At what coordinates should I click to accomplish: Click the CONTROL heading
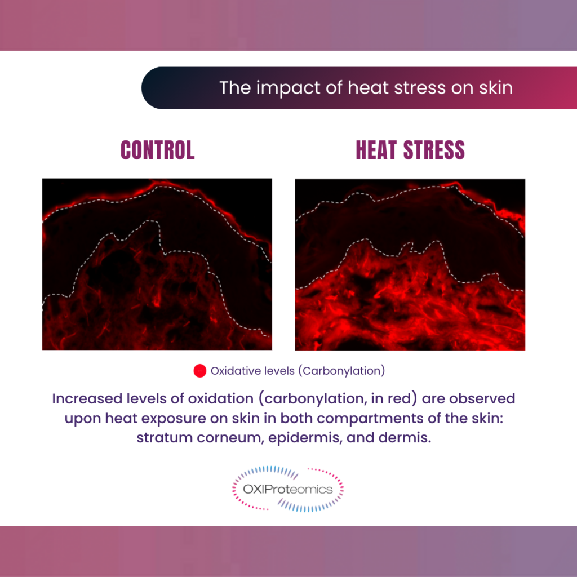click(x=158, y=150)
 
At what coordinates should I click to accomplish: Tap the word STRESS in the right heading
click(x=434, y=150)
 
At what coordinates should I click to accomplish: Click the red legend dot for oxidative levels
click(x=200, y=371)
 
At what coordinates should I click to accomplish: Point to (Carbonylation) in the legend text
click(x=341, y=371)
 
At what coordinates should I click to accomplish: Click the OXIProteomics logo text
click(x=288, y=489)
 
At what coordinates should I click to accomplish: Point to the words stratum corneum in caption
click(x=200, y=438)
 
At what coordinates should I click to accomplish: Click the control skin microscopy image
click(x=157, y=264)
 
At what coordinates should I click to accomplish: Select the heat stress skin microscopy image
click(x=410, y=265)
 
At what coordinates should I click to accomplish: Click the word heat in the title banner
click(x=369, y=87)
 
